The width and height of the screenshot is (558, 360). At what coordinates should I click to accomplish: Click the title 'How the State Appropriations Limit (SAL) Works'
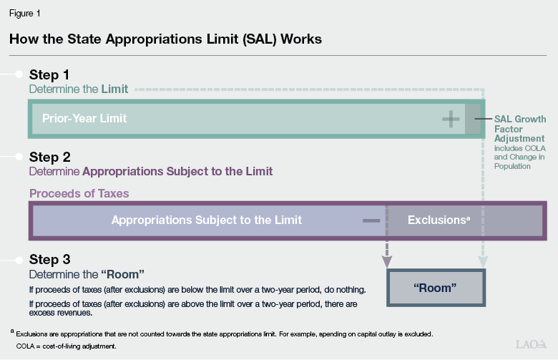tap(165, 39)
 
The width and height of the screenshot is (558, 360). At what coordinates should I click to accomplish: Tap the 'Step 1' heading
tap(49, 74)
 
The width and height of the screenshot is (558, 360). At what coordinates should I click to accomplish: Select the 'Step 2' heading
tap(49, 157)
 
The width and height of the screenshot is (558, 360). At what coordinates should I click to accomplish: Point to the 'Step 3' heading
tap(49, 259)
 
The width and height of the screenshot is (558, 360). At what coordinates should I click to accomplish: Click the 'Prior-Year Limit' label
tap(84, 118)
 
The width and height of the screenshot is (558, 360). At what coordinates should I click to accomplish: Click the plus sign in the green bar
tap(451, 119)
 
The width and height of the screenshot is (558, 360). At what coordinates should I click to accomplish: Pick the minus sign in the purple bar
tap(371, 220)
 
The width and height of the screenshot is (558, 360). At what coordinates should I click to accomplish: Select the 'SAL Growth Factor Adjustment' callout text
tap(520, 129)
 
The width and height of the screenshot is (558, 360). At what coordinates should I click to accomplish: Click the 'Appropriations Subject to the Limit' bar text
tap(207, 220)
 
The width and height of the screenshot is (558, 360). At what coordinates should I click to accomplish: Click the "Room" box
tap(435, 287)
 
